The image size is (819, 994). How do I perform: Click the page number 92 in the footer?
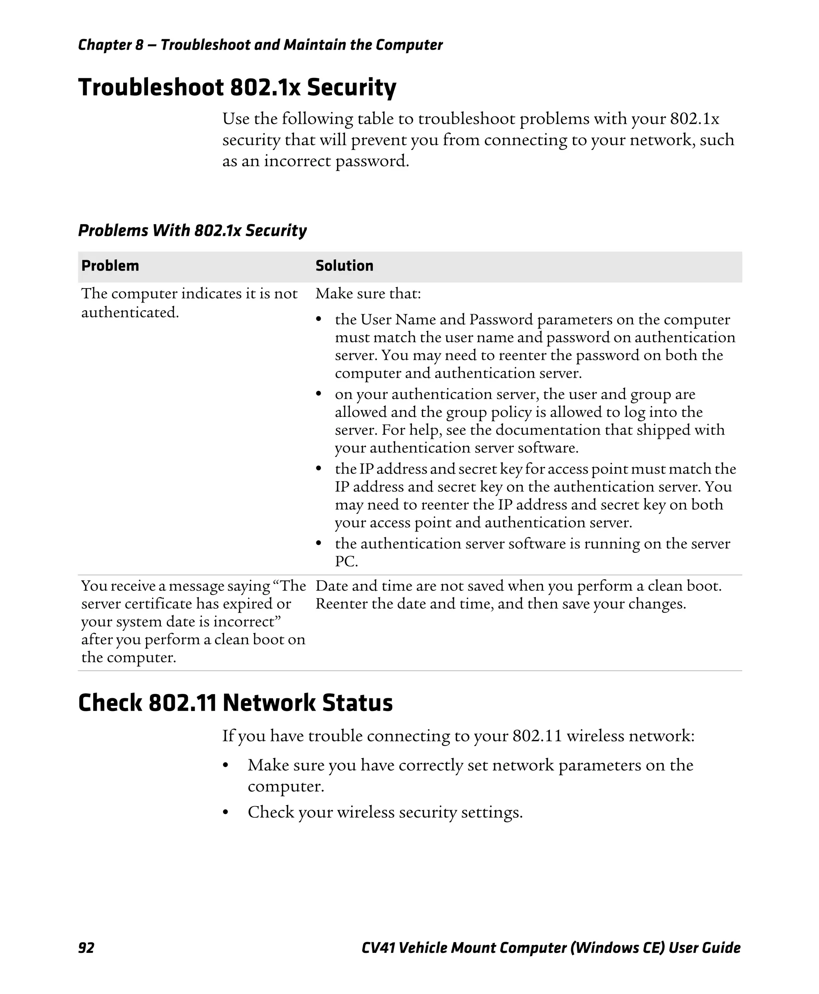pyautogui.click(x=86, y=947)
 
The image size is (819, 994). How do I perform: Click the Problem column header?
pyautogui.click(x=110, y=265)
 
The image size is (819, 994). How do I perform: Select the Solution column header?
pyautogui.click(x=344, y=265)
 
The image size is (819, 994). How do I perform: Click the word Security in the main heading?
pyautogui.click(x=351, y=88)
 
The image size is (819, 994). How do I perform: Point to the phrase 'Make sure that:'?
pyautogui.click(x=368, y=294)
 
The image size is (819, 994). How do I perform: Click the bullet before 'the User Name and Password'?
pyautogui.click(x=319, y=320)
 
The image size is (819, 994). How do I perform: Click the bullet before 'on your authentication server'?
pyautogui.click(x=319, y=394)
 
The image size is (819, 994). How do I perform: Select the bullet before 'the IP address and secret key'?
pyautogui.click(x=319, y=469)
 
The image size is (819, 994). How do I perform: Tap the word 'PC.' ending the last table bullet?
pyautogui.click(x=346, y=562)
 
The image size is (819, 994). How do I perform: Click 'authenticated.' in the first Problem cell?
pyautogui.click(x=130, y=312)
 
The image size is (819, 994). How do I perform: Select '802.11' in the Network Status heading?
pyautogui.click(x=182, y=703)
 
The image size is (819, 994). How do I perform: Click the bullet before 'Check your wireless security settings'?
pyautogui.click(x=226, y=813)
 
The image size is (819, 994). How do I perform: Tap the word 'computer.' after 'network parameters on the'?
pyautogui.click(x=286, y=786)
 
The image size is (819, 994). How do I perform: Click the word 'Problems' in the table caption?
pyautogui.click(x=113, y=231)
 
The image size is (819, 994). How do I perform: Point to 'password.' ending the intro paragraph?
pyautogui.click(x=372, y=161)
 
